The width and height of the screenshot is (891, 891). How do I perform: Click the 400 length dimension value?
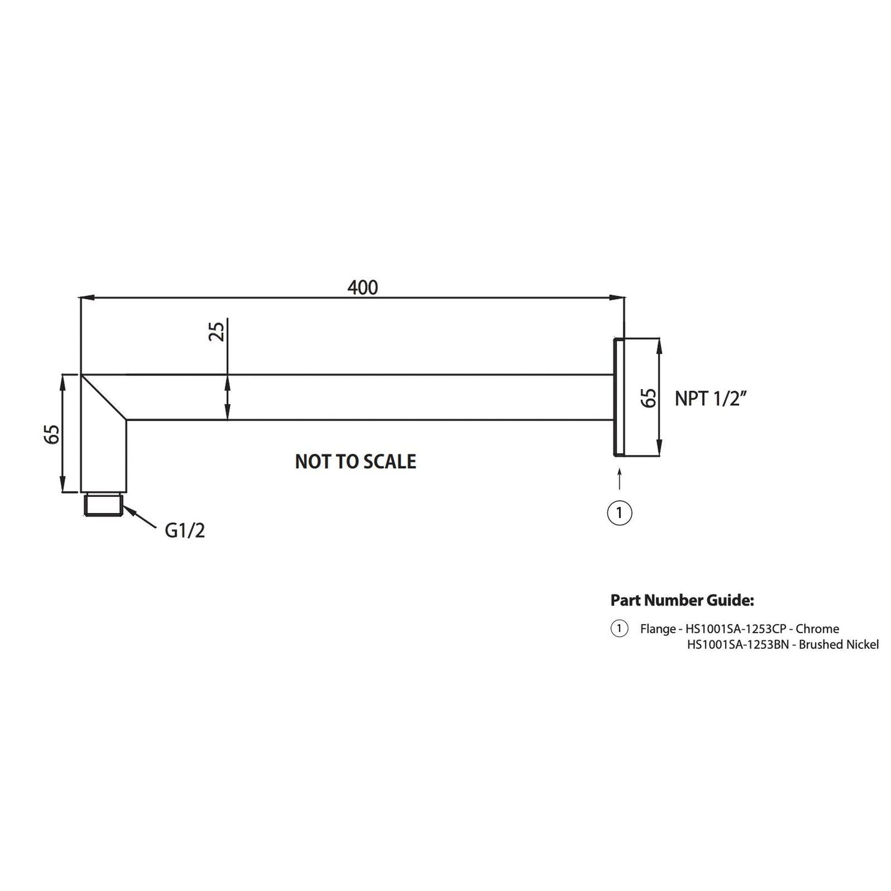(x=363, y=287)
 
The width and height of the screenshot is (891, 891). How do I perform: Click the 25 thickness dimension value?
(x=216, y=331)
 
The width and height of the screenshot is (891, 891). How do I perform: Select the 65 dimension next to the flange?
(x=648, y=398)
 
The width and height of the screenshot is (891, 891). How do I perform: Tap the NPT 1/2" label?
(x=711, y=398)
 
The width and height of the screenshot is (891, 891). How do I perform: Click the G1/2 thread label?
(x=184, y=530)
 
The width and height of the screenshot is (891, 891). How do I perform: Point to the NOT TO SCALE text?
(x=355, y=461)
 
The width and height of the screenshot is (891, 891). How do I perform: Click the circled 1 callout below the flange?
(x=620, y=512)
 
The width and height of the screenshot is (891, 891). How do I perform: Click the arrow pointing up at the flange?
(x=619, y=479)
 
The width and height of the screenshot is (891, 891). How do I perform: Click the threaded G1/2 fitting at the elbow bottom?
(x=104, y=504)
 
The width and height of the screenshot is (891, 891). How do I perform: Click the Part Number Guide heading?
(x=682, y=600)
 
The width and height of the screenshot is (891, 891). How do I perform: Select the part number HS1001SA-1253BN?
(x=738, y=645)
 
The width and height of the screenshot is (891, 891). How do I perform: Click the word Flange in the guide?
(x=657, y=629)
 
